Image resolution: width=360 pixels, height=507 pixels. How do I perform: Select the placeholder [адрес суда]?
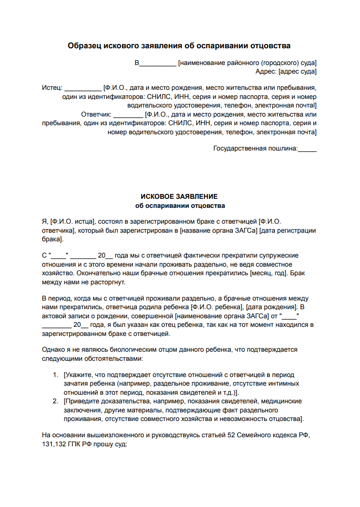(x=298, y=72)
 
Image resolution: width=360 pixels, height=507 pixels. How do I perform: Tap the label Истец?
(x=52, y=88)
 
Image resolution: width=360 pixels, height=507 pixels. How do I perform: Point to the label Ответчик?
(x=96, y=115)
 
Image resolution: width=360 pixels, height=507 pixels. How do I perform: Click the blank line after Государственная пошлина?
(x=307, y=149)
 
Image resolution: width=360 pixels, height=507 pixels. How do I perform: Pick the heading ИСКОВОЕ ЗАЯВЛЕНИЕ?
(x=179, y=196)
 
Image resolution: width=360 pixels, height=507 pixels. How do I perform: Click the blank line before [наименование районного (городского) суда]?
(x=158, y=63)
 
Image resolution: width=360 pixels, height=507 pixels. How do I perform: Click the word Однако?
(x=54, y=349)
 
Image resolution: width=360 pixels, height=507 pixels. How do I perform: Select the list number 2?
(x=55, y=401)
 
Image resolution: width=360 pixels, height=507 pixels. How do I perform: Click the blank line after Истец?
(x=83, y=88)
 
